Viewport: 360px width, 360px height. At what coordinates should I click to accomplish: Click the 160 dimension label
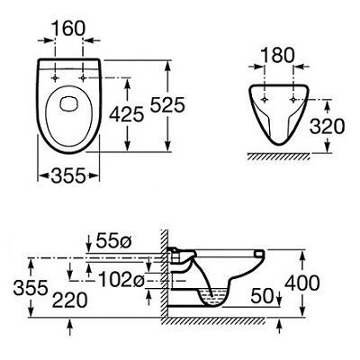click(x=68, y=29)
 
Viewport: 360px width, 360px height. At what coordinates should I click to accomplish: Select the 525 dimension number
click(x=167, y=105)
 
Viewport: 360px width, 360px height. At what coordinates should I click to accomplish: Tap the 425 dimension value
click(x=127, y=114)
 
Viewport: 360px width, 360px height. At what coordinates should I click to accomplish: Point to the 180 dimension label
click(x=278, y=55)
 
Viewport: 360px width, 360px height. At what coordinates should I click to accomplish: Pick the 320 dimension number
click(x=328, y=126)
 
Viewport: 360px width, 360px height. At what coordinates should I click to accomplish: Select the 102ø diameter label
click(x=121, y=281)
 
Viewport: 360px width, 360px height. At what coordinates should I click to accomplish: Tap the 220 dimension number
click(x=70, y=300)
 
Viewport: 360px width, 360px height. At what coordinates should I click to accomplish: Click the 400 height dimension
click(x=302, y=283)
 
